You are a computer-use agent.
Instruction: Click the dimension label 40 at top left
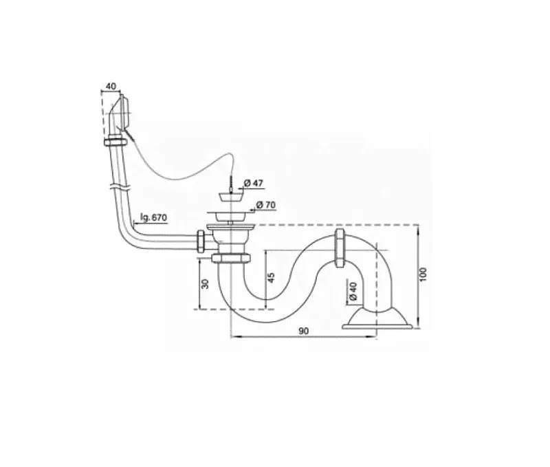(x=111, y=86)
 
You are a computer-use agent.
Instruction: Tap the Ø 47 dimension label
(x=253, y=183)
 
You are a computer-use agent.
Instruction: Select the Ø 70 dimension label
(x=265, y=204)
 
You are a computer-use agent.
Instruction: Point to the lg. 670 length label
(x=153, y=217)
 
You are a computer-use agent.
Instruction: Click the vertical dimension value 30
(x=206, y=283)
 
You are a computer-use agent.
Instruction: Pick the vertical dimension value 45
(x=271, y=278)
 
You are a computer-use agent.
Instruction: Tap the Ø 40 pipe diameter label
(x=353, y=292)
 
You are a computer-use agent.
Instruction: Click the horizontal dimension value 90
(x=303, y=331)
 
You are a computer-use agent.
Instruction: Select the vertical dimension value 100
(x=423, y=274)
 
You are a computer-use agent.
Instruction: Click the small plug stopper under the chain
(x=230, y=195)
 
